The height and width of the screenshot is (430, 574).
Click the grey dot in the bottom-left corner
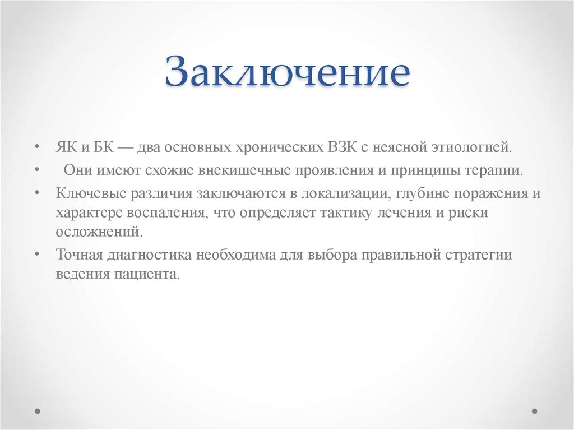[38, 411]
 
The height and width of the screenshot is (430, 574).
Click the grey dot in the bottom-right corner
[535, 411]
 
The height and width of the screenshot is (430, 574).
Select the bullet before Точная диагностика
[36, 254]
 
